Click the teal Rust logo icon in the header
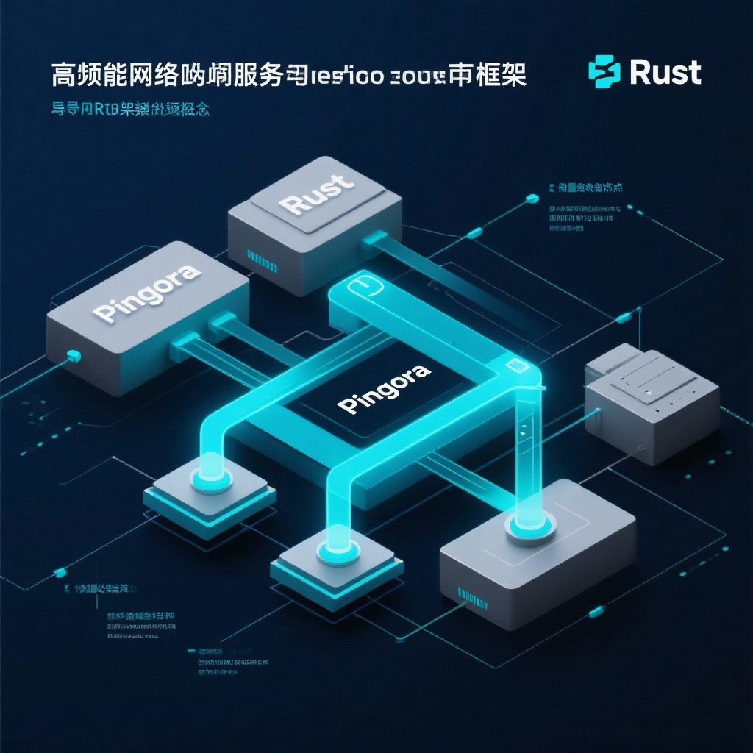tap(604, 73)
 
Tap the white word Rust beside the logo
tap(665, 73)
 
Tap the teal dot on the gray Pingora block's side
tap(72, 356)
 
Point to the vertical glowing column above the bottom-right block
tap(527, 449)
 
